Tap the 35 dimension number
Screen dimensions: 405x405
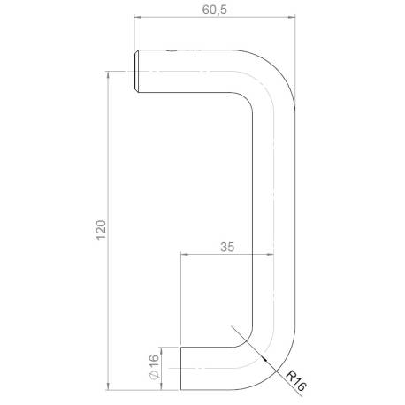[227, 248]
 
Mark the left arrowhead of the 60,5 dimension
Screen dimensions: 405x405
[137, 19]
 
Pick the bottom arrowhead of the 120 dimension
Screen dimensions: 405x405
[107, 386]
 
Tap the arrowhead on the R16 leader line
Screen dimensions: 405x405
[267, 363]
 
